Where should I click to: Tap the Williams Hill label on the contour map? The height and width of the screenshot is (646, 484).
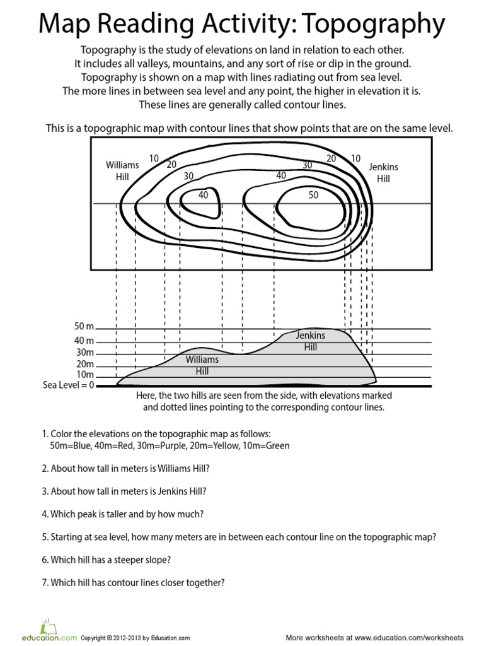click(x=122, y=171)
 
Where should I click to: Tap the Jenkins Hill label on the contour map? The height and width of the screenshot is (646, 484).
click(x=383, y=173)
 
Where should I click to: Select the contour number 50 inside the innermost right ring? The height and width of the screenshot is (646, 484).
click(x=313, y=196)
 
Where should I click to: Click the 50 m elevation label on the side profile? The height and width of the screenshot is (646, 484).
click(x=84, y=327)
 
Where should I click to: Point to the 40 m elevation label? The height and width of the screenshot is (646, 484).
click(x=84, y=341)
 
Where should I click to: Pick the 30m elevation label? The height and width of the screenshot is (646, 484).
click(x=84, y=353)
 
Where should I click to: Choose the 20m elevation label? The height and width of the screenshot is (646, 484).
click(x=84, y=364)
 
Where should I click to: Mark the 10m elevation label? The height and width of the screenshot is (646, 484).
click(x=84, y=375)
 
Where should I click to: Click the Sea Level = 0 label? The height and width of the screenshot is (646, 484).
click(x=68, y=385)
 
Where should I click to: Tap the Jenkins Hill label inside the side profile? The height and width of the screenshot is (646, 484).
click(x=310, y=341)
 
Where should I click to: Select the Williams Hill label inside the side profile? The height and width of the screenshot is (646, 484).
click(x=202, y=365)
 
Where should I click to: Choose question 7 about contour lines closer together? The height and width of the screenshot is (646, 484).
click(x=134, y=582)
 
